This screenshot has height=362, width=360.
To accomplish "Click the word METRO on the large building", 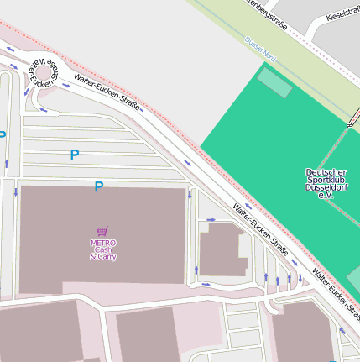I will coord(102,242).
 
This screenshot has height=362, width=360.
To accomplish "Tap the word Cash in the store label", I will coord(102,249).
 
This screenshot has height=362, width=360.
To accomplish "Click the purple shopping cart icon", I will coord(102,231).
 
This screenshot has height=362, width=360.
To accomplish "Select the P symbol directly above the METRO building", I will coord(98,186).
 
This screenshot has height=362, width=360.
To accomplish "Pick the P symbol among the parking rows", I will coord(75,155).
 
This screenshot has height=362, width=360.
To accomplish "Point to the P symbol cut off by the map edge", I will coord(3,134).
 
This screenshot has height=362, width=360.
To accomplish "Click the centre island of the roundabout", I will coord(43,73).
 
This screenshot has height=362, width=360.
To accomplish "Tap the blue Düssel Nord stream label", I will coord(260,48).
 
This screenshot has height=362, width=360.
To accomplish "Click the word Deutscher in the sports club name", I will coord(326,171).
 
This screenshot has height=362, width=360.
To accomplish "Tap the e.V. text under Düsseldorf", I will coord(326,195).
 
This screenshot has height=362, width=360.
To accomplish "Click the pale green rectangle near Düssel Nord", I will coord(274,82).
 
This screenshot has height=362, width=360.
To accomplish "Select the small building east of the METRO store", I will coord(222,249).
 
